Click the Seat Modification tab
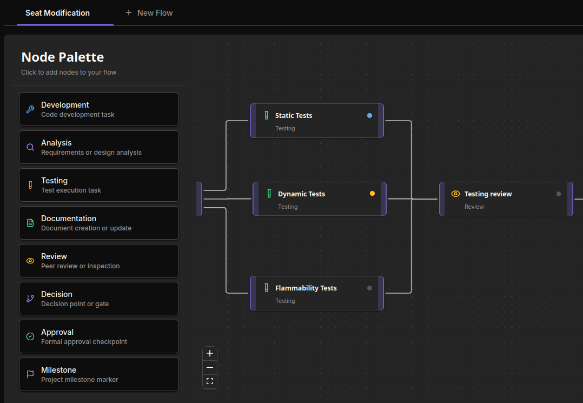pyautogui.click(x=58, y=13)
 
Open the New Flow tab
pyautogui.click(x=149, y=13)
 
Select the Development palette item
pyautogui.click(x=99, y=109)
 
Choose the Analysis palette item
pyautogui.click(x=99, y=147)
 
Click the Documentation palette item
pyautogui.click(x=99, y=223)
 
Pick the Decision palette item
pyautogui.click(x=99, y=299)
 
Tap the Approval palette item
pyautogui.click(x=99, y=336)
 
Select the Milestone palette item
pyautogui.click(x=99, y=374)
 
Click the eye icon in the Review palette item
pyautogui.click(x=30, y=261)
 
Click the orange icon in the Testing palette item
pyautogui.click(x=30, y=185)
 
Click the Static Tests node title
pyautogui.click(x=294, y=116)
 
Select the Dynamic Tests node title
pyautogui.click(x=301, y=194)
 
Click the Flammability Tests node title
pyautogui.click(x=306, y=288)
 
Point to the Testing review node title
pyautogui.click(x=488, y=194)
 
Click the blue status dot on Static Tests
pyautogui.click(x=369, y=116)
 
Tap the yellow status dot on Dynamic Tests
pyautogui.click(x=372, y=194)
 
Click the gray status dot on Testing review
pyautogui.click(x=559, y=194)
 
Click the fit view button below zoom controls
pyautogui.click(x=210, y=381)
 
